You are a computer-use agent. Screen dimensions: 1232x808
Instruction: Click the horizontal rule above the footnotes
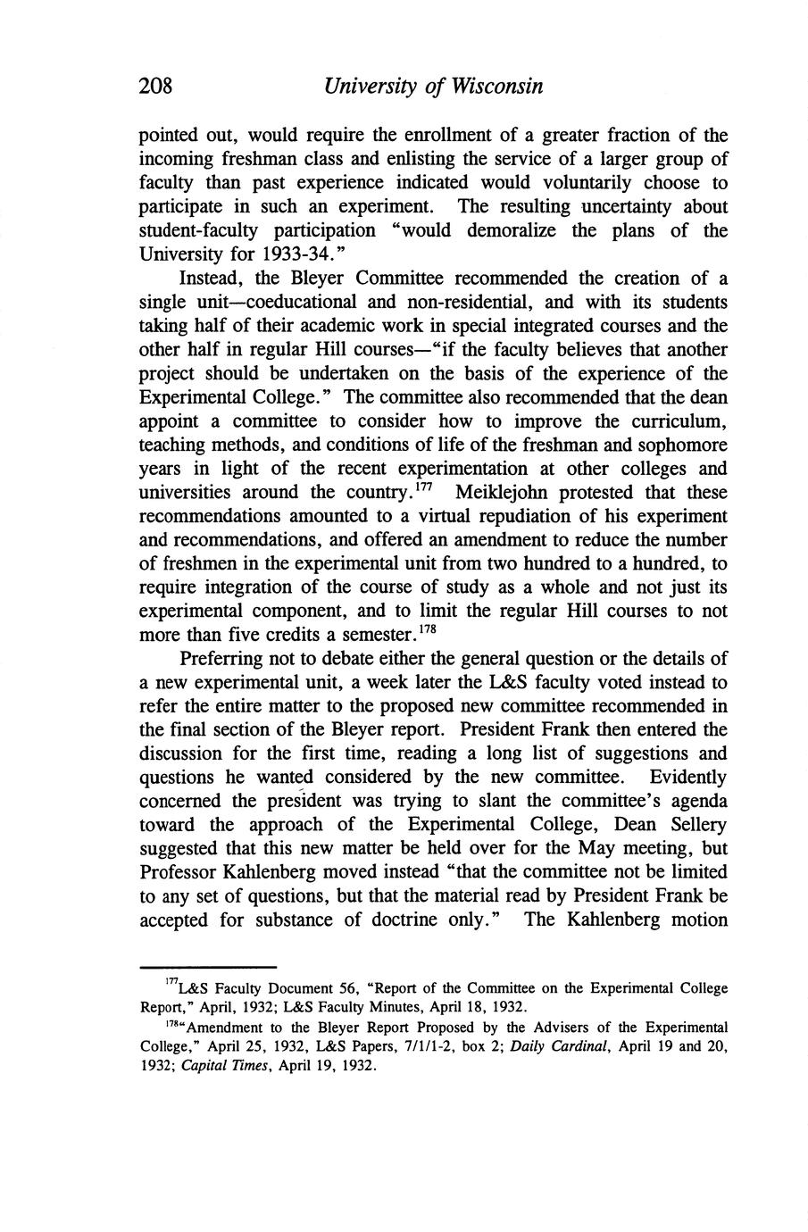pyautogui.click(x=209, y=967)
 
